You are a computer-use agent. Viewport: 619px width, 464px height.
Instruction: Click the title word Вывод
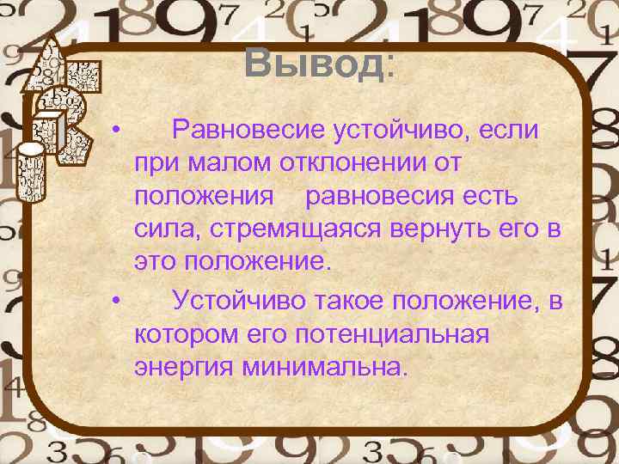tap(314, 63)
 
